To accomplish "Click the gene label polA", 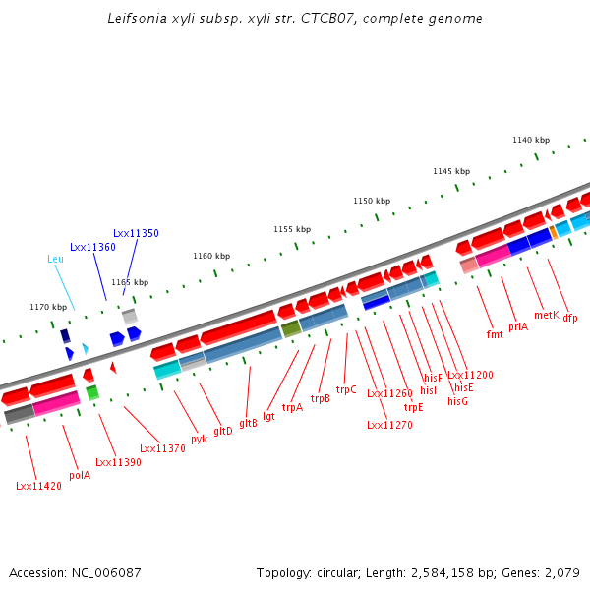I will tap(80, 475).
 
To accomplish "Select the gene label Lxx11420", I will tap(39, 486).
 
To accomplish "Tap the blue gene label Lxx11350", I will tap(136, 233).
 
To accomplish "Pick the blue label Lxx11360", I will tap(92, 247).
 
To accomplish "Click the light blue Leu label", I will tap(55, 259).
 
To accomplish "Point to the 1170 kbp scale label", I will tap(48, 307).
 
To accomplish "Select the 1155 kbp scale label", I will tap(292, 229).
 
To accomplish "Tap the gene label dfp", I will tap(570, 318).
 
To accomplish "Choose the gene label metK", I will tap(547, 315).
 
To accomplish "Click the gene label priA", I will tap(518, 325).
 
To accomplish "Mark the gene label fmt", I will tap(495, 334).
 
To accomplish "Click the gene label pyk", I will tap(199, 438).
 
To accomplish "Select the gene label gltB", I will tap(248, 423).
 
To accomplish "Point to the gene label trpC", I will tap(346, 389).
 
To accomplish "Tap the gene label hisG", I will tap(458, 401).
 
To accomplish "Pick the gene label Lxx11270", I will tap(389, 425).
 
